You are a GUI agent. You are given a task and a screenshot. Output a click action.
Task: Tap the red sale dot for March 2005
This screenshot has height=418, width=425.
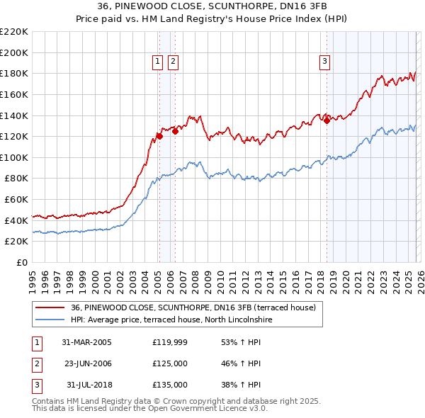[x=159, y=136]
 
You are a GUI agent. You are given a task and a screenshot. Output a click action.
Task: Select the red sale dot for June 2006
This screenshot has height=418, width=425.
[x=175, y=131]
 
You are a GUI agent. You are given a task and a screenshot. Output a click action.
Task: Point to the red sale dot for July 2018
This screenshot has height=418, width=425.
[x=327, y=120]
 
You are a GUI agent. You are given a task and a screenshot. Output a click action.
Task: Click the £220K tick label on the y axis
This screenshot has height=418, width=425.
[x=14, y=32]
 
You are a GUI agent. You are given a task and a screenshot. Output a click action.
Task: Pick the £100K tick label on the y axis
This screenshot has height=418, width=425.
[x=14, y=157]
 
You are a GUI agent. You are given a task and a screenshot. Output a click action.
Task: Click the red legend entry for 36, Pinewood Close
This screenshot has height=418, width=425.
[x=197, y=307]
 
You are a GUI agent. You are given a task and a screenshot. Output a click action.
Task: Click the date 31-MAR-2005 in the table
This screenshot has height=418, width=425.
[x=87, y=342]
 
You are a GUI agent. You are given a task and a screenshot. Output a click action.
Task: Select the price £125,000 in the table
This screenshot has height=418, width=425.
[x=170, y=363]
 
